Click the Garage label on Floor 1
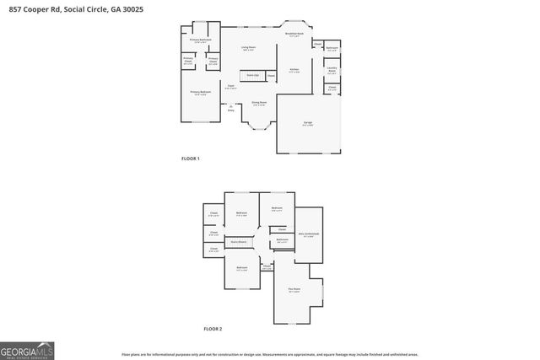[308, 124]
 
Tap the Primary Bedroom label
[199, 92]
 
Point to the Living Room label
[249, 49]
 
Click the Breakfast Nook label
[295, 35]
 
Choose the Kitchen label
[294, 70]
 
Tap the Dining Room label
[258, 104]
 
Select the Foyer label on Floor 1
[229, 86]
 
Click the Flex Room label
[294, 289]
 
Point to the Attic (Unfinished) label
[308, 234]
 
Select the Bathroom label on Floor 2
[282, 240]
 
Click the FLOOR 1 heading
[191, 159]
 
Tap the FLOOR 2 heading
[213, 328]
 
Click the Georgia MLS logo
[27, 349]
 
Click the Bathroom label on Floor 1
[332, 49]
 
